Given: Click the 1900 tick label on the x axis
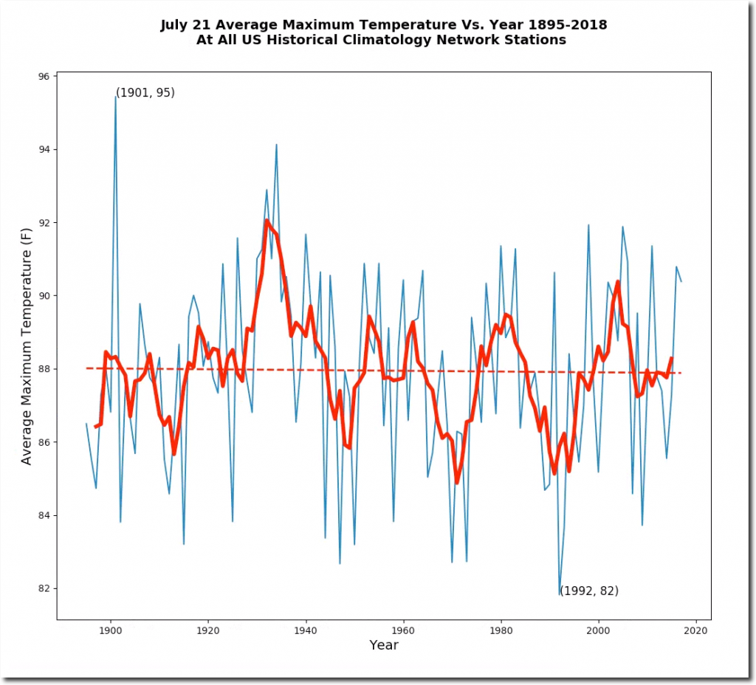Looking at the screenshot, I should click(x=111, y=630).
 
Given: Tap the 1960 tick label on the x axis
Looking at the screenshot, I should click(x=403, y=630).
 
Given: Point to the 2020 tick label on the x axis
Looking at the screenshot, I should click(x=695, y=630).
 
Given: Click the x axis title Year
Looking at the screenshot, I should click(x=384, y=646).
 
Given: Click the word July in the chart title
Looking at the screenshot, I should click(x=175, y=25).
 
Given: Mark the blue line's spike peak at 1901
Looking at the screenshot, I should click(x=116, y=96).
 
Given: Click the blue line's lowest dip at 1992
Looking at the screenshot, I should click(x=559, y=594).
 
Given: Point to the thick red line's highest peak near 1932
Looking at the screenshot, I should click(x=267, y=220).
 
